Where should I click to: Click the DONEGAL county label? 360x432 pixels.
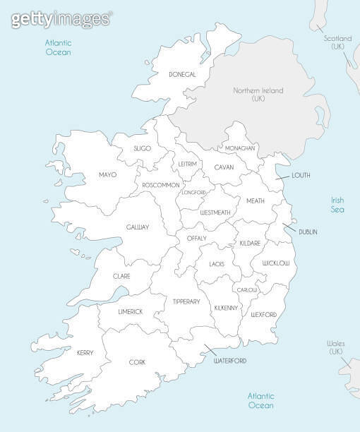[x=182, y=74]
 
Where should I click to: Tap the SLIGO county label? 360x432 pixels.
[x=143, y=149]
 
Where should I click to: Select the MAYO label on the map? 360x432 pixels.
[x=107, y=174]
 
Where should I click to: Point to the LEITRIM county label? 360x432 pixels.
[x=187, y=164]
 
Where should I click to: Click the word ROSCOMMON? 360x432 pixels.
[x=161, y=185]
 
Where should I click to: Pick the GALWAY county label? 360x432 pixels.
[x=138, y=227]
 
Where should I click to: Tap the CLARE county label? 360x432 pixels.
[x=121, y=276]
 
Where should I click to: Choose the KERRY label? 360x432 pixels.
[x=85, y=352]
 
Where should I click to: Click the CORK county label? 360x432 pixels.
[x=137, y=362]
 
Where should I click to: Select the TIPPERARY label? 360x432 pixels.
[x=186, y=301]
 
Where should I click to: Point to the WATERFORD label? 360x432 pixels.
[x=230, y=361]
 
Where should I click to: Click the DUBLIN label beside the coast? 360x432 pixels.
[x=308, y=232]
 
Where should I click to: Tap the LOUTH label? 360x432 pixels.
[x=301, y=175]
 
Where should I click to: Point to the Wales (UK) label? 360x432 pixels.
[x=335, y=347]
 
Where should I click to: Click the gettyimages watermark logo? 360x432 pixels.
[x=61, y=18]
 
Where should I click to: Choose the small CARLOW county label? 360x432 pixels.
[x=247, y=290]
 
